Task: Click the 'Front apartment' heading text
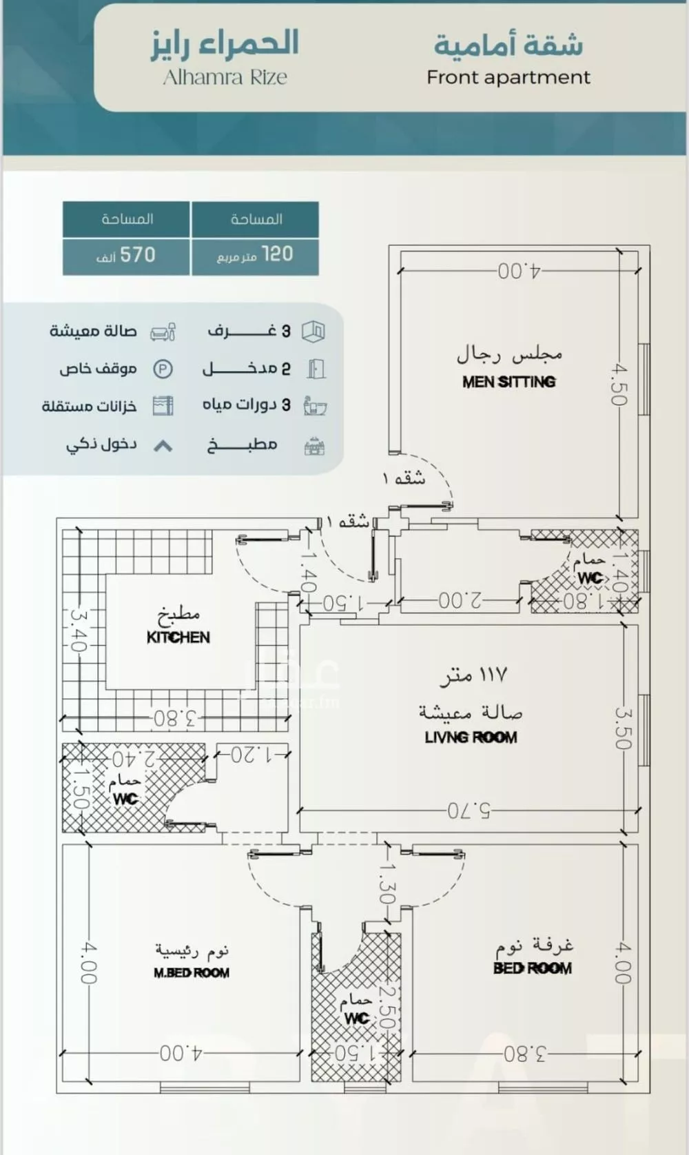pyautogui.click(x=508, y=77)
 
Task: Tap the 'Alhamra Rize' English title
pyautogui.click(x=225, y=77)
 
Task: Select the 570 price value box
pyautogui.click(x=126, y=256)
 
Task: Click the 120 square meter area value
pyautogui.click(x=256, y=255)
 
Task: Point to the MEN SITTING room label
pyautogui.click(x=508, y=382)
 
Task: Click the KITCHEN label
pyautogui.click(x=178, y=637)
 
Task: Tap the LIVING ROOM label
pyautogui.click(x=471, y=737)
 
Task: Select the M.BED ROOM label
pyautogui.click(x=192, y=973)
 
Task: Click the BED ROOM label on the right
pyautogui.click(x=532, y=968)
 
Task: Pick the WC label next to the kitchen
pyautogui.click(x=125, y=799)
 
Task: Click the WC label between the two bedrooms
pyautogui.click(x=356, y=1018)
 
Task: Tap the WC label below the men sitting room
pyautogui.click(x=590, y=577)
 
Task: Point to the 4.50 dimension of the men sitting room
pyautogui.click(x=618, y=385)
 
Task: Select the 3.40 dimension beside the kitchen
pyautogui.click(x=76, y=629)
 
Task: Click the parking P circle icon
pyautogui.click(x=163, y=369)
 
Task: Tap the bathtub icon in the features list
pyautogui.click(x=315, y=406)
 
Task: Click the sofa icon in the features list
pyautogui.click(x=163, y=332)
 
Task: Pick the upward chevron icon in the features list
pyautogui.click(x=163, y=446)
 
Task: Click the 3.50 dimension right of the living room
pyautogui.click(x=622, y=728)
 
